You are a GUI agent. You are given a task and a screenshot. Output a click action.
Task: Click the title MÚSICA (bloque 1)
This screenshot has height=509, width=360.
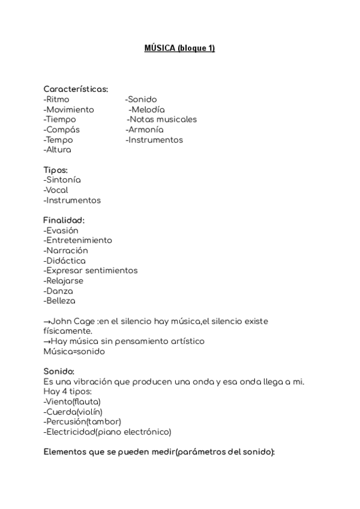pos(179,48)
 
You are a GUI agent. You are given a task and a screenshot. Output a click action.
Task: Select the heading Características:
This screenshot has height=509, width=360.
pos(76,89)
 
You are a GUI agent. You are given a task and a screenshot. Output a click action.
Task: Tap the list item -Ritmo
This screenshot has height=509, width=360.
pos(56,99)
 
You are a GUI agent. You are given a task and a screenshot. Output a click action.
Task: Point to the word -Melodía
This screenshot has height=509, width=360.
pos(146,109)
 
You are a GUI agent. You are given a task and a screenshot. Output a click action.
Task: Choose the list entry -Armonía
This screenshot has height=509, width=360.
pos(145,130)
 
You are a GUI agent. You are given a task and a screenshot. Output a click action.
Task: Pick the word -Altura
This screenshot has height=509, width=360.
pos(58,150)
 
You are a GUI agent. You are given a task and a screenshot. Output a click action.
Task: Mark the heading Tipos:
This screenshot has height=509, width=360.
pos(56,170)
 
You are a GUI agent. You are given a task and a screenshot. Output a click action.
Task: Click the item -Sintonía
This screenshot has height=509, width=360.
pos(62,180)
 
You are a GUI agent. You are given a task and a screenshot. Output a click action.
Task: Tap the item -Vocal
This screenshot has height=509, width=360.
pos(56,190)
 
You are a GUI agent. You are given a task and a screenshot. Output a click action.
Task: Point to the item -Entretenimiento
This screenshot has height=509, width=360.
pos(78,241)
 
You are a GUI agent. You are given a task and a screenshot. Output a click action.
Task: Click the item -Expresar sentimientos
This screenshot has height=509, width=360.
pos(91,271)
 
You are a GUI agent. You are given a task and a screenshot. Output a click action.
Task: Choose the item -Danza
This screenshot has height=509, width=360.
pos(58,291)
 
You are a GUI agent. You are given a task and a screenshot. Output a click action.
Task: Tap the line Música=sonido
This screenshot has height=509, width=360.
pos(74,351)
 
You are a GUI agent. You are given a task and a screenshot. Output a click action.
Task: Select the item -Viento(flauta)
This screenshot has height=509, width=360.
pos(73,402)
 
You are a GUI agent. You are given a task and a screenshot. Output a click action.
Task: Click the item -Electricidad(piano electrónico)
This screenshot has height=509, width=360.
pos(108,432)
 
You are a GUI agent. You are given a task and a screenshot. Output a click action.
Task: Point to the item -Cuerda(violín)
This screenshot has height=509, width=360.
pos(73,412)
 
